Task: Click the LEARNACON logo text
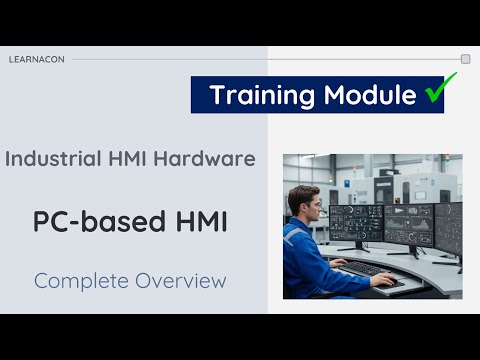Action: pyautogui.click(x=37, y=59)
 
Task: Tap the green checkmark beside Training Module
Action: pyautogui.click(x=434, y=93)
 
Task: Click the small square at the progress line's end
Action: pyautogui.click(x=465, y=59)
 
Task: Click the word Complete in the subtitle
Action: pyautogui.click(x=78, y=281)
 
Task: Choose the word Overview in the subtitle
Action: pyautogui.click(x=176, y=281)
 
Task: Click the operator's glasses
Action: pyautogui.click(x=312, y=204)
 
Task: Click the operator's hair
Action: pyautogui.click(x=302, y=193)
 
